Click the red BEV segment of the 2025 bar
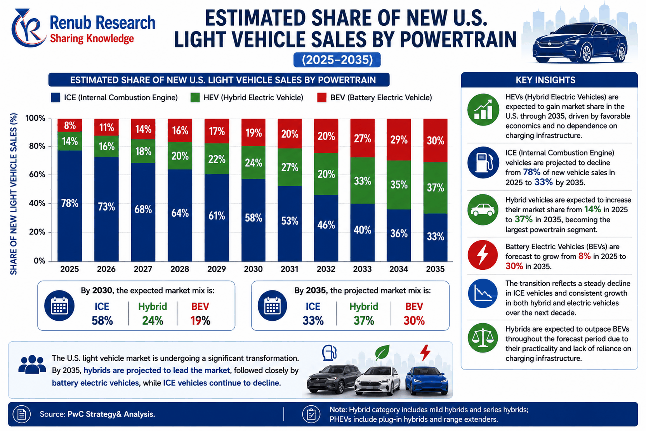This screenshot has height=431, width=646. pyautogui.click(x=69, y=125)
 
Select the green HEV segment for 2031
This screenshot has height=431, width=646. pyautogui.click(x=290, y=167)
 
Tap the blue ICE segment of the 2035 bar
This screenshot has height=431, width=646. pyautogui.click(x=435, y=237)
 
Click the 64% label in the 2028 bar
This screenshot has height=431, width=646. pyautogui.click(x=180, y=213)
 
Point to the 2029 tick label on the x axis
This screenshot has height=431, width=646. pyautogui.click(x=217, y=269)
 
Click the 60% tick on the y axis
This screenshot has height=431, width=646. pyautogui.click(x=37, y=174)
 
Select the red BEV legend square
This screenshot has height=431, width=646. pyautogui.click(x=321, y=98)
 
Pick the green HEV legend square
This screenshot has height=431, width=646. pyautogui.click(x=195, y=98)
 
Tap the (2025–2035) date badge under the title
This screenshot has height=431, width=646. pyautogui.click(x=337, y=60)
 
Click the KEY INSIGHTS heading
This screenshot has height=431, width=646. pyautogui.click(x=545, y=80)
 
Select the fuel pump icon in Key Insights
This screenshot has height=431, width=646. pyautogui.click(x=483, y=162)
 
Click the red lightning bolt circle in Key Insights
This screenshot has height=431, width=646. pyautogui.click(x=483, y=255)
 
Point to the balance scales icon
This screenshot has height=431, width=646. pyautogui.click(x=483, y=338)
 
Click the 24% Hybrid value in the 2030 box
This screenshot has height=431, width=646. pyautogui.click(x=153, y=321)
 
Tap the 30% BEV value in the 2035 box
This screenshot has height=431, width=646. pyautogui.click(x=414, y=321)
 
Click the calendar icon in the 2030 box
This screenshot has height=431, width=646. pyautogui.click(x=59, y=306)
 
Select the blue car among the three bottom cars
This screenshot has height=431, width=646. pyautogui.click(x=427, y=380)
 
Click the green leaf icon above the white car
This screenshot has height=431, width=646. pyautogui.click(x=382, y=352)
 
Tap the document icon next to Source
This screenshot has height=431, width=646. pyautogui.click(x=22, y=414)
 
